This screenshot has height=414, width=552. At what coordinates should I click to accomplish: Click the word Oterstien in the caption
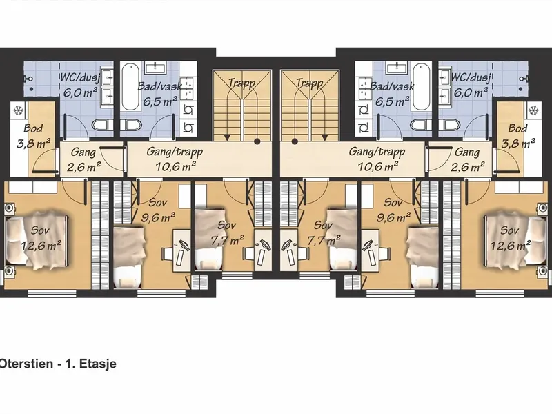click(26, 364)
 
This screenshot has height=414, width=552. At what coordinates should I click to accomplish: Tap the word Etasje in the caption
click(98, 364)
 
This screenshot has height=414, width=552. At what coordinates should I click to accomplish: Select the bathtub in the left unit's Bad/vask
click(130, 87)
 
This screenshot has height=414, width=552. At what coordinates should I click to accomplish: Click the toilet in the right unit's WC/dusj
click(452, 124)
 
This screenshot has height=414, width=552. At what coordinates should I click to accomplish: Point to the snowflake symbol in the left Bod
click(19, 110)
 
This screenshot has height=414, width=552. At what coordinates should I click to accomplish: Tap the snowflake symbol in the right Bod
click(533, 110)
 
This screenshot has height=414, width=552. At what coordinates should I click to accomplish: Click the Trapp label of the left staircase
click(241, 83)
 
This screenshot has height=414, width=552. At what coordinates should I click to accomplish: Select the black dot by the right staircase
click(295, 141)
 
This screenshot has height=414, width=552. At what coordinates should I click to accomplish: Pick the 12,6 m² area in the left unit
click(41, 245)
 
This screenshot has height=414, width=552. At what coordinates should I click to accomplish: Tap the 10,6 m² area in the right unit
click(378, 166)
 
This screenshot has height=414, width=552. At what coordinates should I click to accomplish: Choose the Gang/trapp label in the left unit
click(175, 152)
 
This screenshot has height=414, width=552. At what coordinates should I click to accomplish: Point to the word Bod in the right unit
click(517, 128)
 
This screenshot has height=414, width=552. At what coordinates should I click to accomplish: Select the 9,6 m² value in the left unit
click(158, 217)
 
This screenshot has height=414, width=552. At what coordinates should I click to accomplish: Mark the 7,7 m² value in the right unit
click(324, 240)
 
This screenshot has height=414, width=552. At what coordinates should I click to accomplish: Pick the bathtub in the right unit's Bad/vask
click(422, 87)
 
